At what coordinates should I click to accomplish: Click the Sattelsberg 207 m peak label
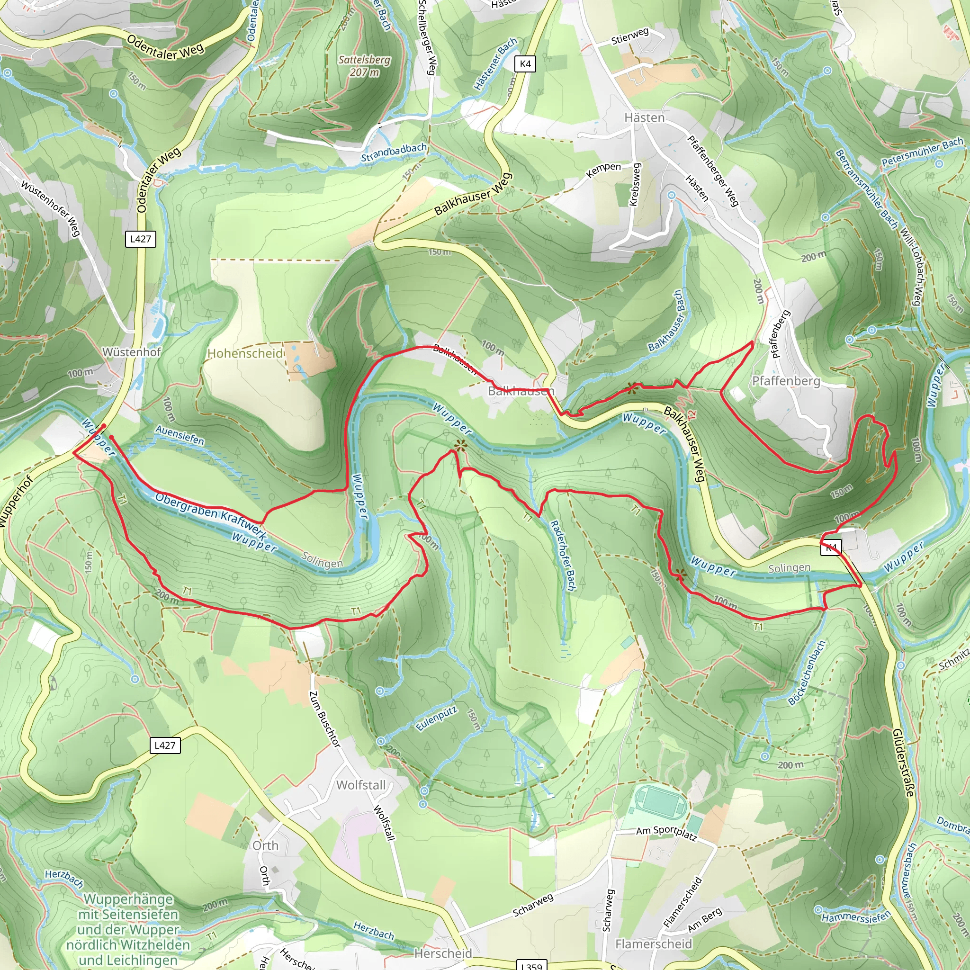click(x=365, y=66)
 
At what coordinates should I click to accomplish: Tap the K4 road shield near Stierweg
click(x=525, y=64)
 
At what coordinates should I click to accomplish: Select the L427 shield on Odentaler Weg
click(x=140, y=239)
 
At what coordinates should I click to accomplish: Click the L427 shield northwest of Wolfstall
click(x=165, y=745)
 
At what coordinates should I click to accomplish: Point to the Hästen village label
click(x=644, y=117)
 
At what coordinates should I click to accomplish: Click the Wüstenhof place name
click(x=132, y=352)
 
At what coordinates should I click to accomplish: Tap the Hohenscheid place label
click(x=245, y=353)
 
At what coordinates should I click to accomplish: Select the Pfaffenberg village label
click(x=786, y=381)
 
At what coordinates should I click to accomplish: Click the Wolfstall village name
click(x=361, y=785)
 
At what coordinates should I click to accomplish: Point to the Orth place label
click(x=265, y=845)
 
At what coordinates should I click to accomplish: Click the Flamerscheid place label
click(x=654, y=944)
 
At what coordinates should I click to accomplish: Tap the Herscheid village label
click(x=443, y=953)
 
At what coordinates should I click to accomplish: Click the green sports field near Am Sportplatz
click(x=660, y=802)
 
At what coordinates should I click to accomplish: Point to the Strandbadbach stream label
click(x=394, y=153)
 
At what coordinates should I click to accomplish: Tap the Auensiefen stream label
click(x=180, y=435)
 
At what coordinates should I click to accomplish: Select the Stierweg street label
click(x=630, y=36)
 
